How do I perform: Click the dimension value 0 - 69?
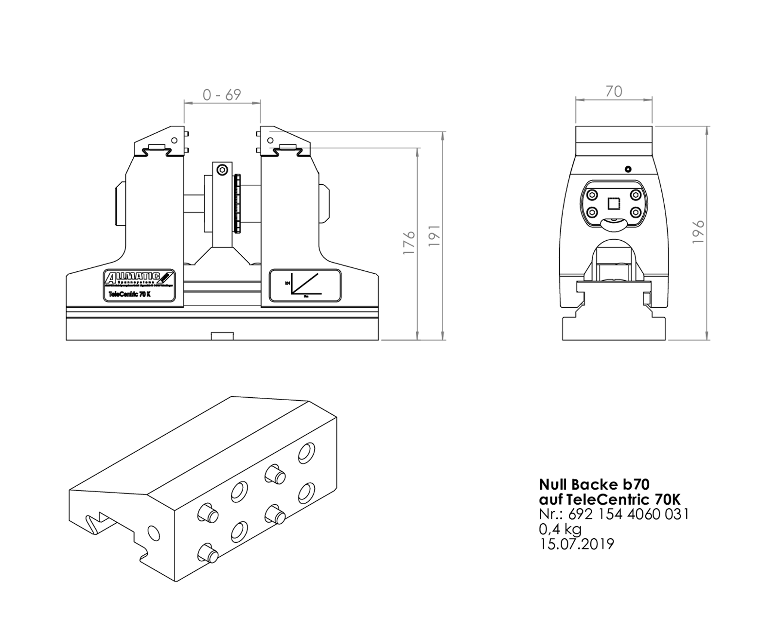222,94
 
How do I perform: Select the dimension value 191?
434,235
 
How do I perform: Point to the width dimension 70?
614,91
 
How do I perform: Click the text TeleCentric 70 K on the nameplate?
129,295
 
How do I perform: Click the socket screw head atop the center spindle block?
222,170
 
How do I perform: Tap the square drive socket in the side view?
614,203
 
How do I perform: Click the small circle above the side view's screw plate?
628,169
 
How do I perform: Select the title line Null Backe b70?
594,484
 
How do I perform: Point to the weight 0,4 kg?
560,529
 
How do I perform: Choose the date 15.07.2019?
577,543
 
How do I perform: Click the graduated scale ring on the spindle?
237,203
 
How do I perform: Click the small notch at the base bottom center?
222,336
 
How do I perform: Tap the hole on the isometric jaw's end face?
153,533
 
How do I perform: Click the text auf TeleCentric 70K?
610,499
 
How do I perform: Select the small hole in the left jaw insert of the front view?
174,140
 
